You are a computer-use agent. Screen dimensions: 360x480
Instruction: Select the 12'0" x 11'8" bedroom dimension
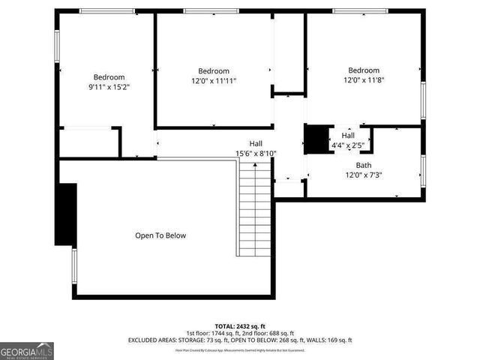[363, 80]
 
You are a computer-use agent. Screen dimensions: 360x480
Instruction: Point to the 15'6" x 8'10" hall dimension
[256, 154]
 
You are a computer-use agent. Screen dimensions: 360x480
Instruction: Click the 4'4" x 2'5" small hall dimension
[348, 145]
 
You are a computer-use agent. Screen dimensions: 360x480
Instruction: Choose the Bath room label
[363, 165]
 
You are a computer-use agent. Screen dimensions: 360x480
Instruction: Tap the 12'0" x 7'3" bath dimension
[363, 175]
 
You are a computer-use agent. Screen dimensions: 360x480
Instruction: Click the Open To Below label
[160, 235]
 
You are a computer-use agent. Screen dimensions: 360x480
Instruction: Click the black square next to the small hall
[316, 139]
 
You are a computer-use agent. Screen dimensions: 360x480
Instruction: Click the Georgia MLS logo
[27, 350]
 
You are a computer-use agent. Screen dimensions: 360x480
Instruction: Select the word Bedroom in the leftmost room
[109, 77]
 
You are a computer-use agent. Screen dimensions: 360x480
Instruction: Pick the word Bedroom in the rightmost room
[363, 70]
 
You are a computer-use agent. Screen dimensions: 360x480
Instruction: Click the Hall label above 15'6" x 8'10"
[256, 143]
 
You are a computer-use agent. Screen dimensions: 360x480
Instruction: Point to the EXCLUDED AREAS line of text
[240, 340]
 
